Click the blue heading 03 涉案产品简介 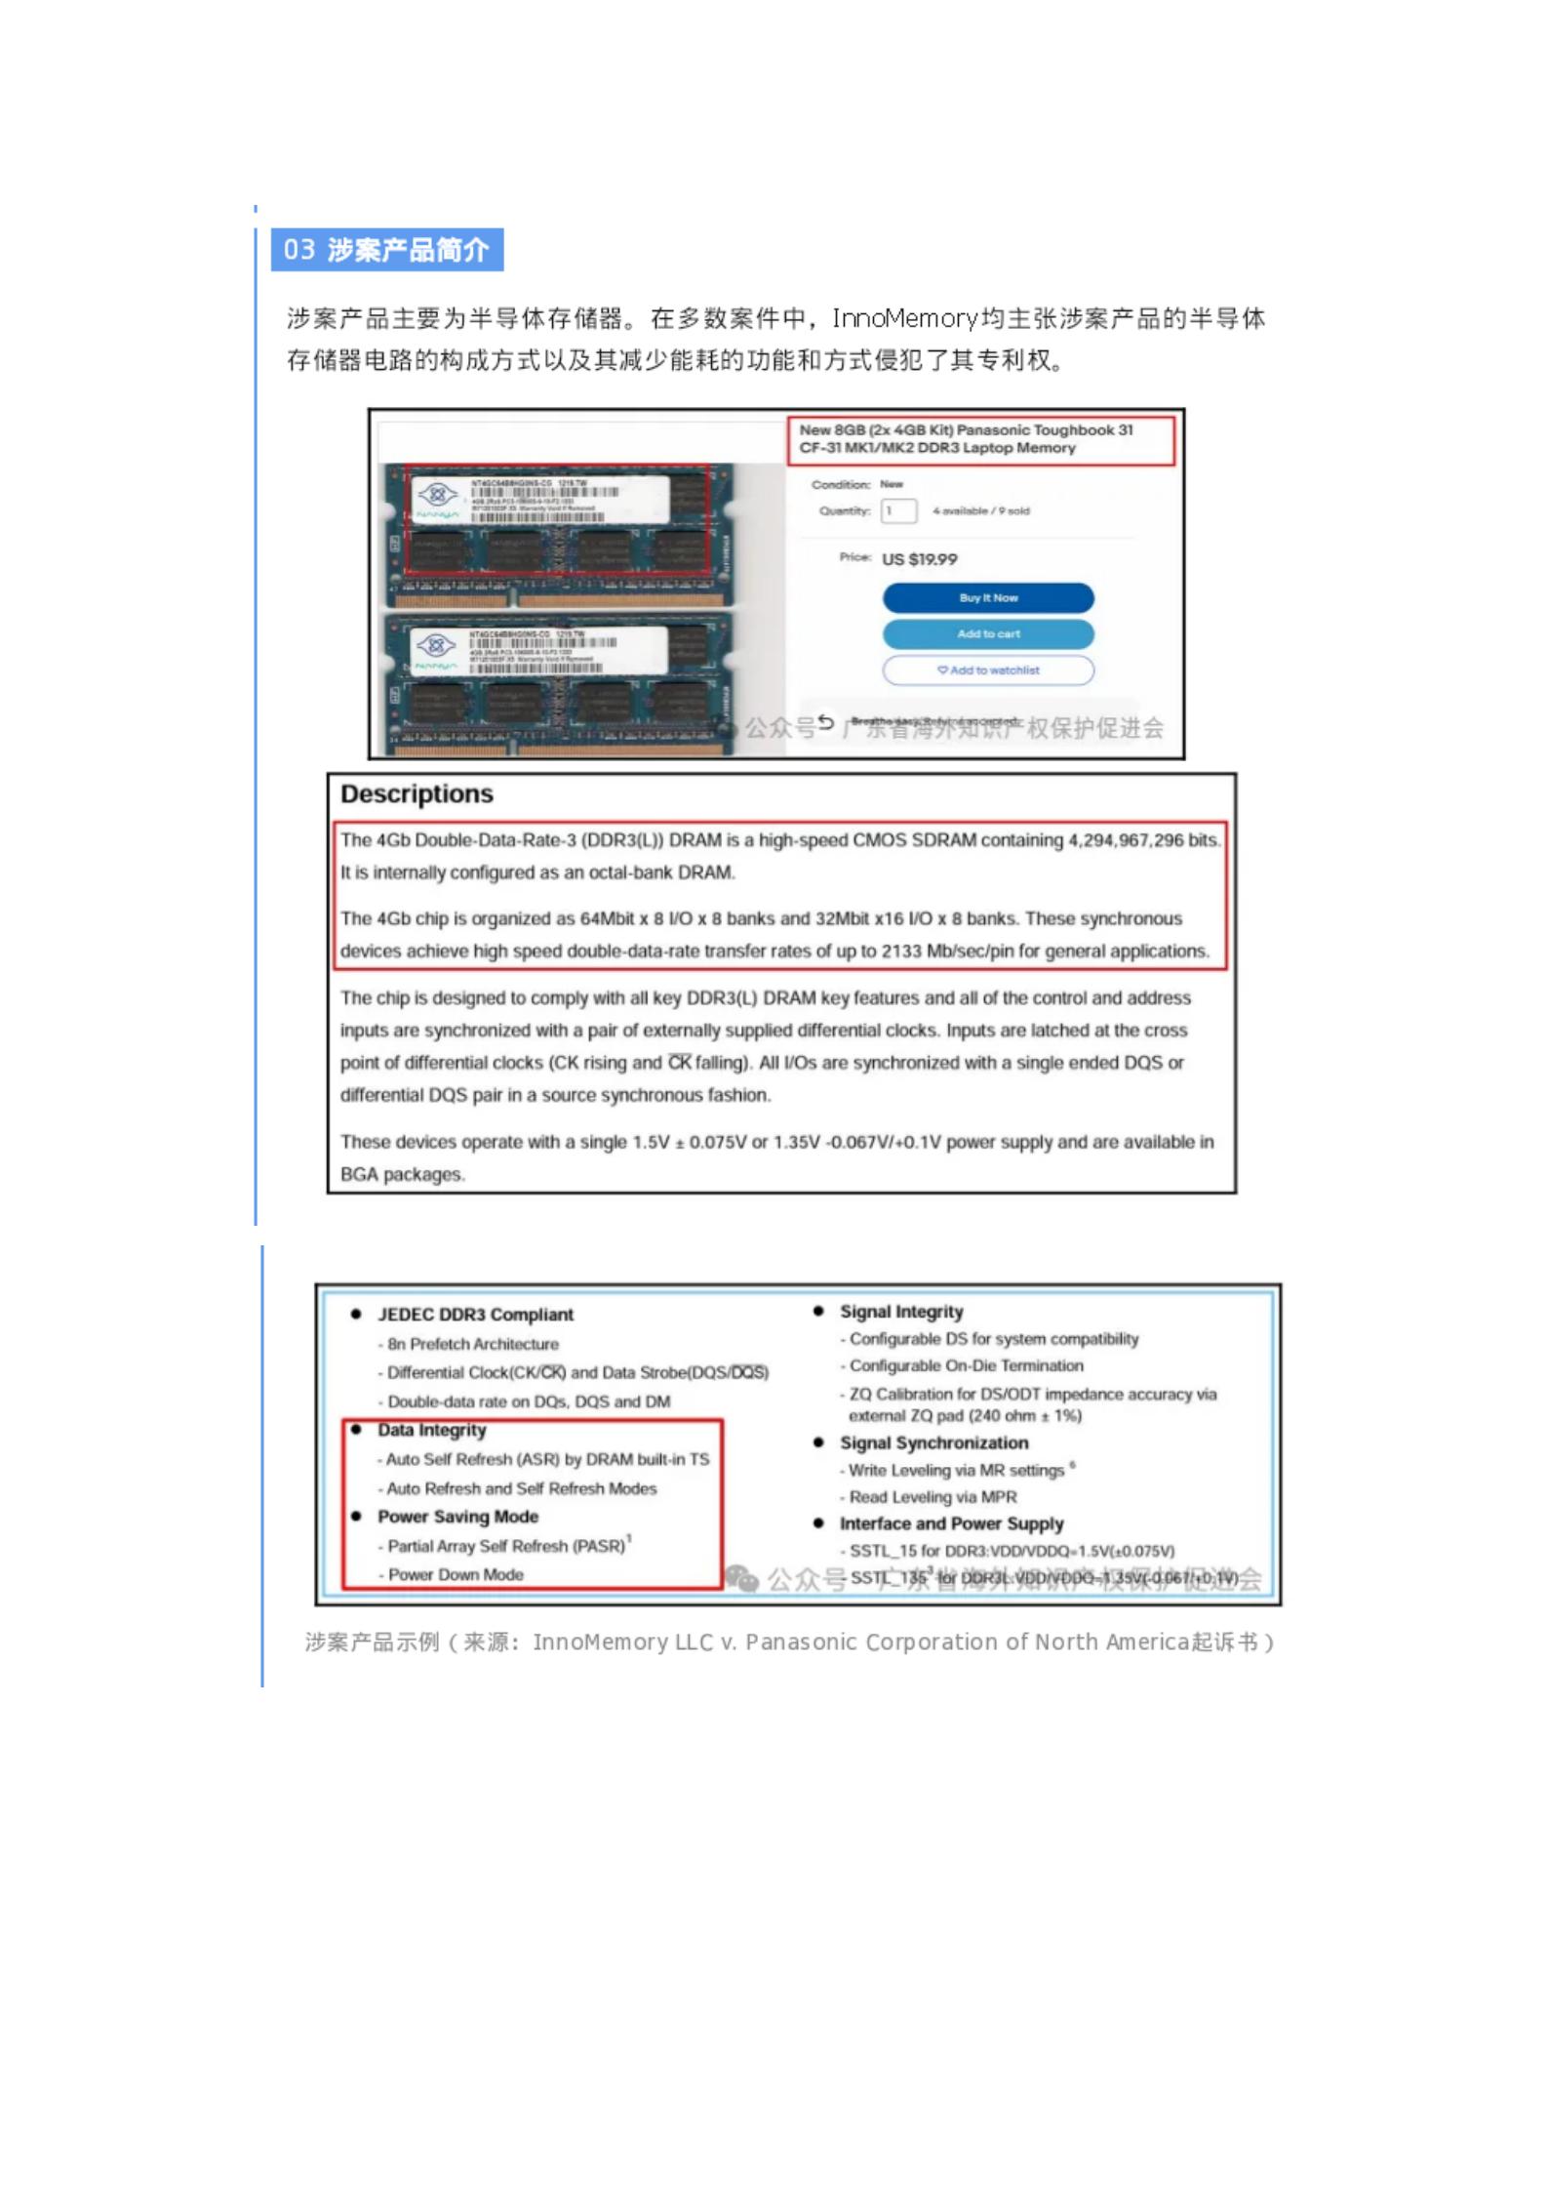[x=386, y=250]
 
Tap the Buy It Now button [x=987, y=597]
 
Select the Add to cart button [x=987, y=633]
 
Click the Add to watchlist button [x=987, y=670]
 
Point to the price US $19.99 [x=919, y=559]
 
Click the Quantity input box [x=897, y=510]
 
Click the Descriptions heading [x=417, y=793]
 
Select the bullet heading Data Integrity [x=431, y=1430]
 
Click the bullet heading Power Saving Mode [x=457, y=1517]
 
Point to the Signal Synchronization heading [x=933, y=1442]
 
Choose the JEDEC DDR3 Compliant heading [x=475, y=1315]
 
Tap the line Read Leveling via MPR [x=932, y=1497]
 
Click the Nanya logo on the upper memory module [x=436, y=493]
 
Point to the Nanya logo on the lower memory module [x=436, y=645]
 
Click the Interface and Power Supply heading [x=951, y=1523]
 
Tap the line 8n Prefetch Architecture [x=472, y=1344]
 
